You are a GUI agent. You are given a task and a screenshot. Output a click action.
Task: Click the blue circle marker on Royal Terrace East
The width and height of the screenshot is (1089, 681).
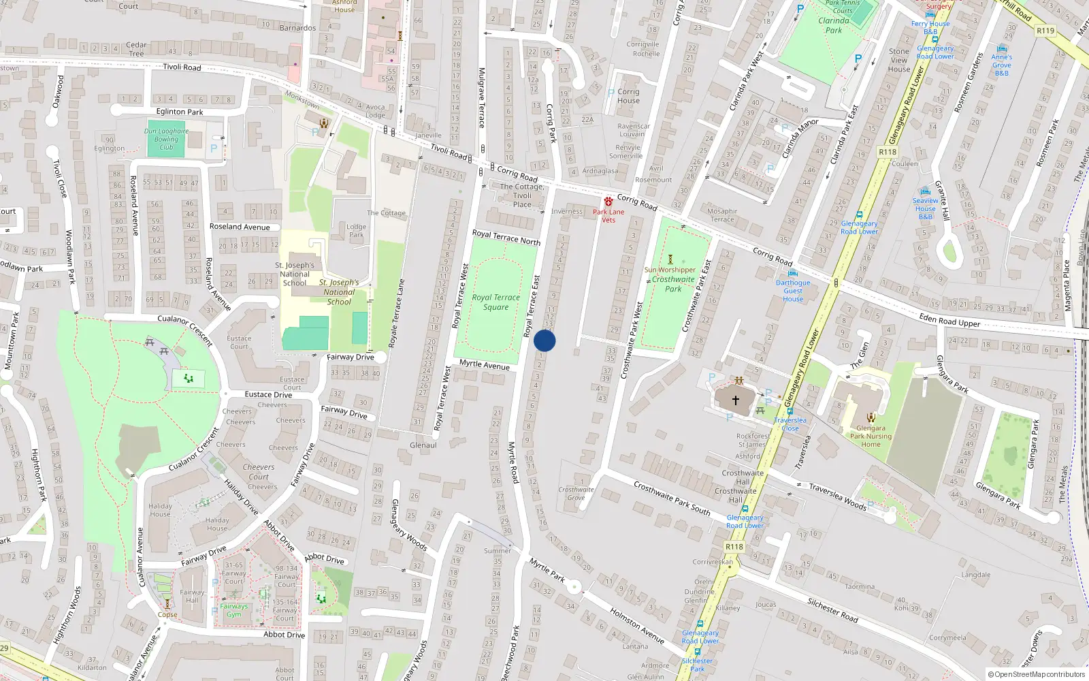click(x=544, y=340)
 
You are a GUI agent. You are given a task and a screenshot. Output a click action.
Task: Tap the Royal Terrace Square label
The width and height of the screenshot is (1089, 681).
click(x=495, y=302)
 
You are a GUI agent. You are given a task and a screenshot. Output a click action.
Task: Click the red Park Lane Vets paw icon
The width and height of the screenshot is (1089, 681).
click(x=608, y=202)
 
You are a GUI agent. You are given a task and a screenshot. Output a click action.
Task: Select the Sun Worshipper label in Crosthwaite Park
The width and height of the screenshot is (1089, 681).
click(x=670, y=270)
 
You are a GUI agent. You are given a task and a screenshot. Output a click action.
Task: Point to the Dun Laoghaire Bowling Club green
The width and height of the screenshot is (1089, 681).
click(x=166, y=139)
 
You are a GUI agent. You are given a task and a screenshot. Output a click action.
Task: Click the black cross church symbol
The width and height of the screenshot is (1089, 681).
click(x=735, y=400)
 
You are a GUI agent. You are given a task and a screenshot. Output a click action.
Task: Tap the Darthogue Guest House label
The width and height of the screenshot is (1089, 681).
click(x=793, y=291)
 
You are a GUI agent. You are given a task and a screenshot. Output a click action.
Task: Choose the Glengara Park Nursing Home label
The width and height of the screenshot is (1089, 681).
click(x=871, y=437)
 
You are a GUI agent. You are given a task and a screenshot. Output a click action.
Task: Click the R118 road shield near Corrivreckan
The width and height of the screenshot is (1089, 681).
click(x=734, y=547)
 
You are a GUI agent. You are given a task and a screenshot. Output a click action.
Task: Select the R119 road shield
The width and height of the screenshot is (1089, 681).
click(x=1045, y=31)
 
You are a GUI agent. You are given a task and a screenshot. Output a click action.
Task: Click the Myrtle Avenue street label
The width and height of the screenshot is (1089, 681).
click(x=484, y=364)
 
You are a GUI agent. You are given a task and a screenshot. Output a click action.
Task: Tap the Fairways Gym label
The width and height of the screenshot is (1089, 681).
click(x=234, y=610)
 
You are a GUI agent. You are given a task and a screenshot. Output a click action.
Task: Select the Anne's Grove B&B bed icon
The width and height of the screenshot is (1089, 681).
click(x=1001, y=48)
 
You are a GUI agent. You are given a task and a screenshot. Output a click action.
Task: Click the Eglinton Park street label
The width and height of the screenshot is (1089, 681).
click(x=180, y=112)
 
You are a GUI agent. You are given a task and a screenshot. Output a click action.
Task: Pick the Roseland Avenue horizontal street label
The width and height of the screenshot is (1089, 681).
click(x=240, y=227)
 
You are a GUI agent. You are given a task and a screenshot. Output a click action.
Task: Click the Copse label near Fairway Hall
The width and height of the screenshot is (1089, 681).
click(x=167, y=614)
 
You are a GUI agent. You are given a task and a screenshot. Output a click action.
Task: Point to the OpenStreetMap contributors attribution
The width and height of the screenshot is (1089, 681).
click(x=1037, y=675)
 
